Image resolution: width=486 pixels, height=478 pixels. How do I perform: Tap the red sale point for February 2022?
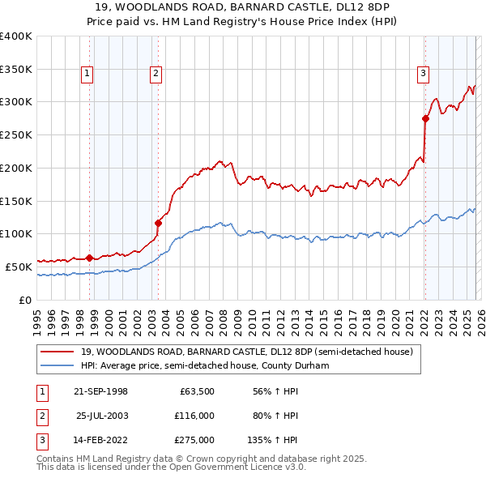click(425, 118)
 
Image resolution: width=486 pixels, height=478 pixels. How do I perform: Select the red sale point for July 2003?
click(158, 223)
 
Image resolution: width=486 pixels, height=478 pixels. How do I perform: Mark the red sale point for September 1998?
click(89, 258)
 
